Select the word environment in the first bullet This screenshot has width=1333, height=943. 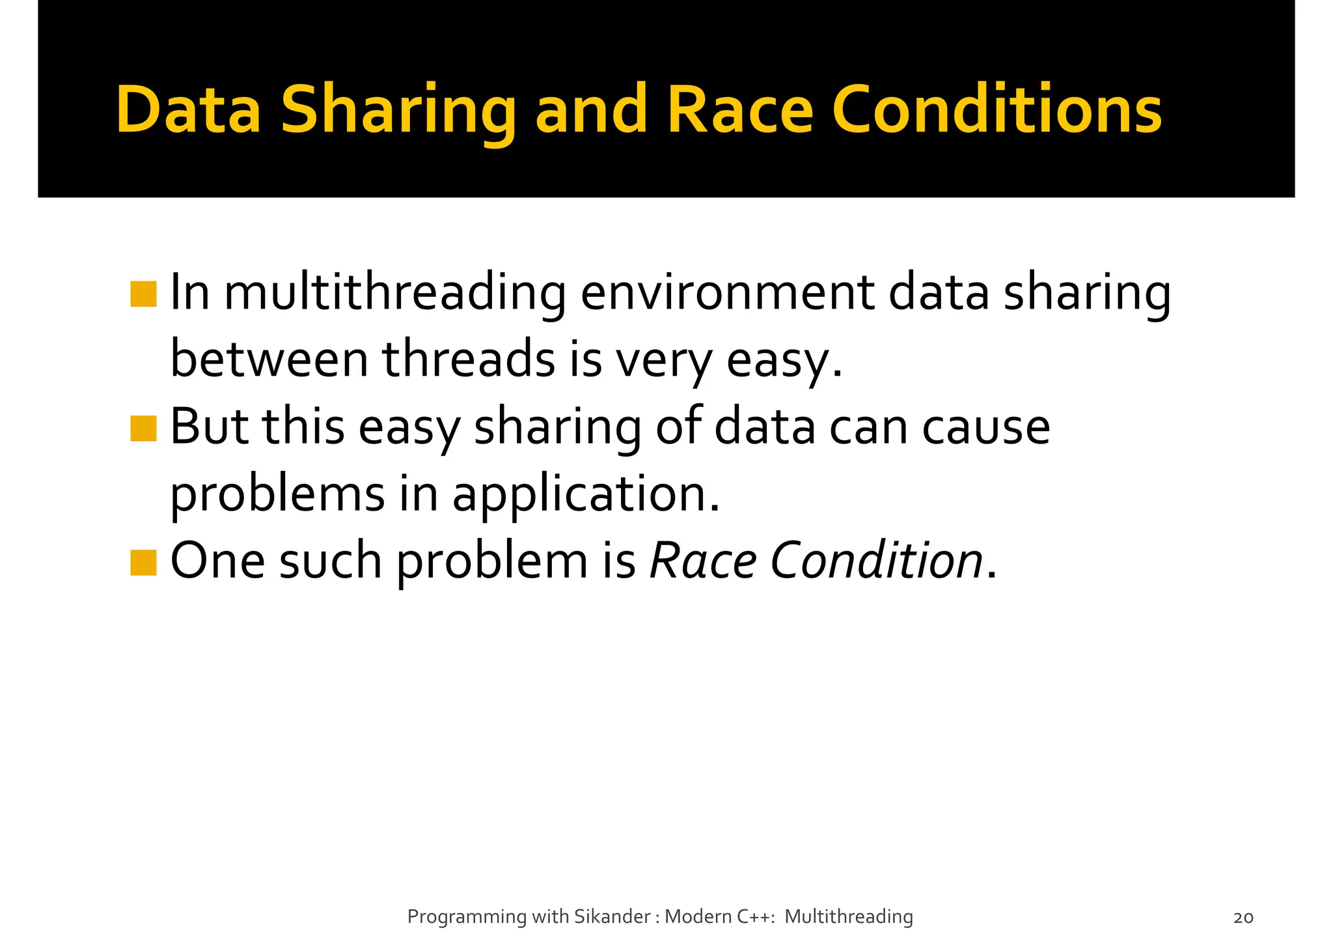[x=727, y=293]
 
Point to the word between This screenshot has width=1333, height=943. [x=269, y=359]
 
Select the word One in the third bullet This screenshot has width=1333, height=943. [x=217, y=561]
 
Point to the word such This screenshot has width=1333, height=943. [x=330, y=561]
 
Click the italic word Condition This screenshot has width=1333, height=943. [x=876, y=561]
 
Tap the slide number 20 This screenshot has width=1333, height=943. [x=1243, y=918]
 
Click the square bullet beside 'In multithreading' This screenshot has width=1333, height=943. [x=143, y=294]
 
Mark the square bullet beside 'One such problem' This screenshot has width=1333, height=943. [x=143, y=563]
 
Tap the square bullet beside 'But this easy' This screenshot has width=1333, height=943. [x=143, y=429]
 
